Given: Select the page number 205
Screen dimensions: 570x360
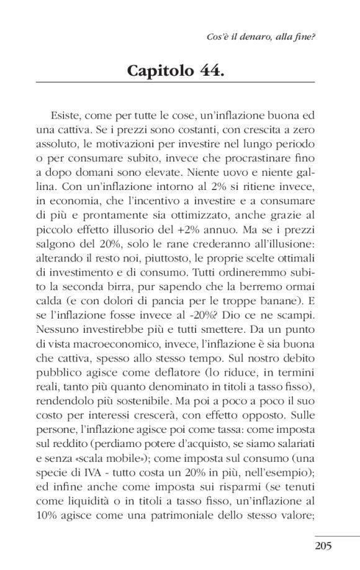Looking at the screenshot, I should [x=323, y=546].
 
